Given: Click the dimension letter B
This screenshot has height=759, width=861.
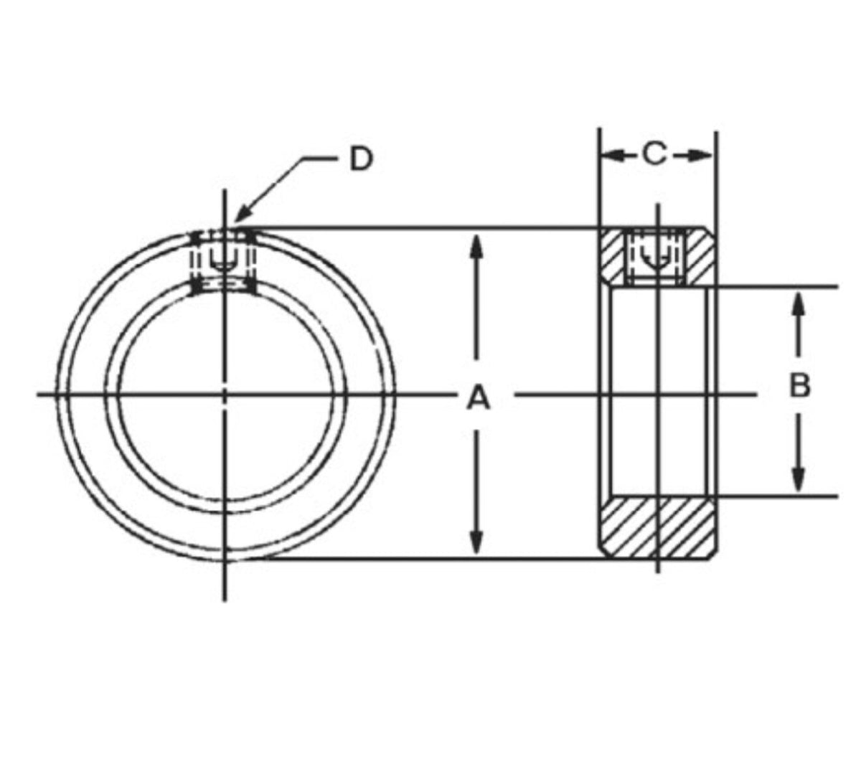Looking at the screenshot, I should (799, 385).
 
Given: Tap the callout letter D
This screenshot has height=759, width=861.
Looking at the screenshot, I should (362, 160).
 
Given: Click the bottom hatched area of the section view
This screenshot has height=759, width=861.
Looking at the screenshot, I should (657, 527).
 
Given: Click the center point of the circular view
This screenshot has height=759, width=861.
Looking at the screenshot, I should (225, 394).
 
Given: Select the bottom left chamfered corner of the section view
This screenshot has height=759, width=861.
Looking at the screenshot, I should (603, 553).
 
